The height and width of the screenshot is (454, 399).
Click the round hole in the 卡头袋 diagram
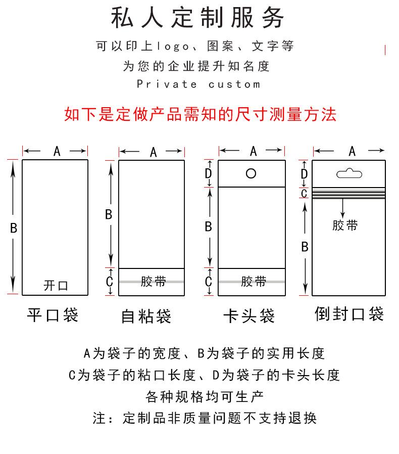251,173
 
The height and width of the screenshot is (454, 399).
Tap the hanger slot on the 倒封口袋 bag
350,173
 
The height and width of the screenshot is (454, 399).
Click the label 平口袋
53,315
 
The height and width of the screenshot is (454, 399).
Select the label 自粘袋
146,316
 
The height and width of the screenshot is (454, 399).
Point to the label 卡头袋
248,316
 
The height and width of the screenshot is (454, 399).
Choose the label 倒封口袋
349,314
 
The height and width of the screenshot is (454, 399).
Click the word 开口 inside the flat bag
56,286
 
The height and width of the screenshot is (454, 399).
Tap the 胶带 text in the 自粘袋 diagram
153,282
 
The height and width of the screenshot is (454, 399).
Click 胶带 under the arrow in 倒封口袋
345,225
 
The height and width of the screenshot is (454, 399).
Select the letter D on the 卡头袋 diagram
208,173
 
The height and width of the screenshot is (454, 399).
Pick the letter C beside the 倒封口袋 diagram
304,193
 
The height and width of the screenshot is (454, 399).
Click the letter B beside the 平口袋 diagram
14,228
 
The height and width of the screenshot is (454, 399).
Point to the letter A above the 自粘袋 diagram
153,152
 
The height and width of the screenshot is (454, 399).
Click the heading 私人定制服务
198,18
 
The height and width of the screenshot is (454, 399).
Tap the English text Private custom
198,84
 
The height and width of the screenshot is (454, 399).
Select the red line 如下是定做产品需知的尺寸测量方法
200,114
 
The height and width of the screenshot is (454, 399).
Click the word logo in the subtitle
173,47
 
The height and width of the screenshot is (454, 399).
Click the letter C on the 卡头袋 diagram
208,282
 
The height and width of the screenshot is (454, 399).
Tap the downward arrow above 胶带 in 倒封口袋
343,207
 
